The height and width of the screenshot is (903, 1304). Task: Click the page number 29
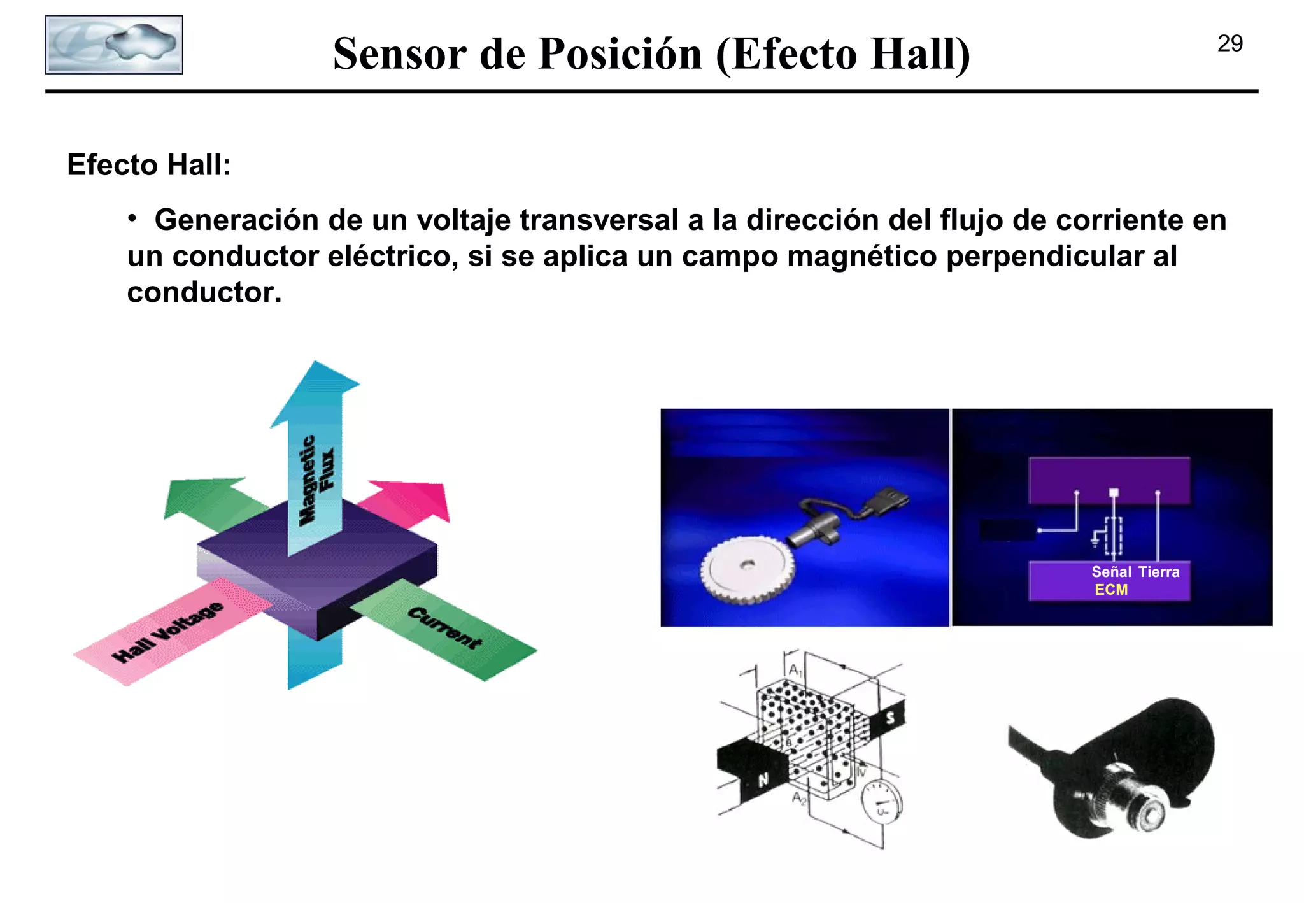tap(1230, 44)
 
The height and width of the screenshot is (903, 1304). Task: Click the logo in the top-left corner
tap(114, 45)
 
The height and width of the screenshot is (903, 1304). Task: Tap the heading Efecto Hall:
tap(148, 165)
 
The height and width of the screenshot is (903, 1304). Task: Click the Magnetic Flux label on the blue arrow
tap(316, 480)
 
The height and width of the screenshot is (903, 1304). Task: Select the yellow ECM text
tap(1110, 590)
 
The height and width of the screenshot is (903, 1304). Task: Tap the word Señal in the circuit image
tap(1111, 572)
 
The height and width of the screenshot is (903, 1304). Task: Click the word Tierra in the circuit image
tap(1158, 572)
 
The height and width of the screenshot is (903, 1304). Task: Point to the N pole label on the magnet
tap(763, 779)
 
